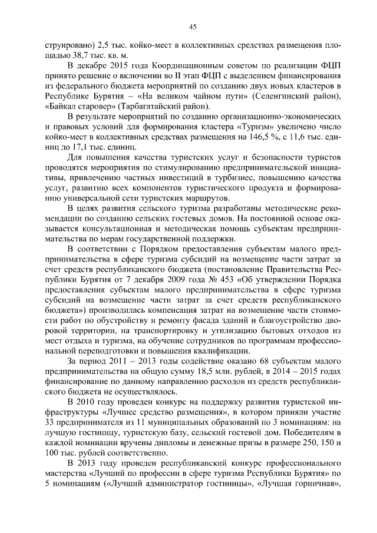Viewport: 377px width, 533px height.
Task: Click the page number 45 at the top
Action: (x=192, y=26)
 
